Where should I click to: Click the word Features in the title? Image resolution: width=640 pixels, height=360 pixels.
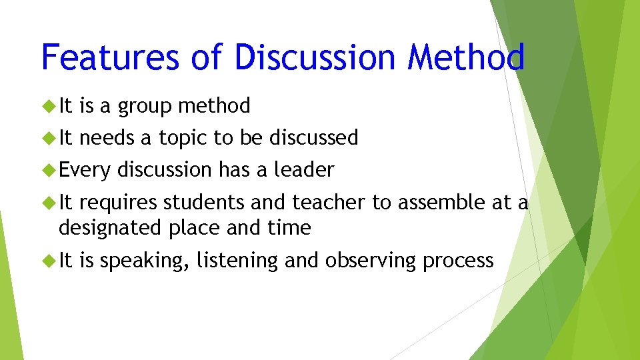[111, 57]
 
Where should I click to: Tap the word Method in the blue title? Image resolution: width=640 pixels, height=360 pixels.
[466, 57]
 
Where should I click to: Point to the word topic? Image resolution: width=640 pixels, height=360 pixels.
[183, 137]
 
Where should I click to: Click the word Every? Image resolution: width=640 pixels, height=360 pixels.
[84, 170]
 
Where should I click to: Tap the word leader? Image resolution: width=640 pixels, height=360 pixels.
[304, 170]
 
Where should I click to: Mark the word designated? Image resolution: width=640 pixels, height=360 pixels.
[109, 228]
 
